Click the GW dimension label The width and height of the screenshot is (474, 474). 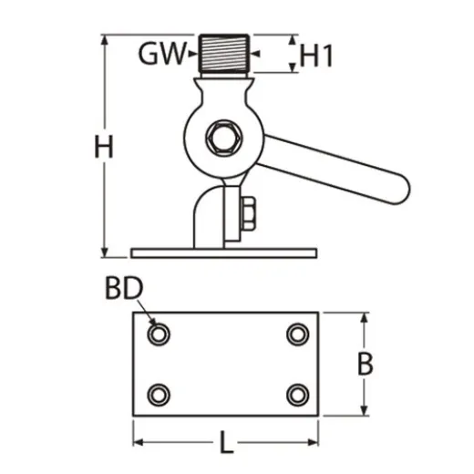pos(162,56)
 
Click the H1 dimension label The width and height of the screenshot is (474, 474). pos(316,56)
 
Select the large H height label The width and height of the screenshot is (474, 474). pos(105,146)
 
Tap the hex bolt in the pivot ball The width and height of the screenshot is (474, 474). pos(222,139)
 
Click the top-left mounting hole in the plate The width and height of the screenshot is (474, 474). pos(160,335)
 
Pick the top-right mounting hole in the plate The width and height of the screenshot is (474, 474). pos(296,335)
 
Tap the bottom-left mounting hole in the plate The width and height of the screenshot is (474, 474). pos(160,395)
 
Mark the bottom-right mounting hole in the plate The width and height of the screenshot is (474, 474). pos(296,395)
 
